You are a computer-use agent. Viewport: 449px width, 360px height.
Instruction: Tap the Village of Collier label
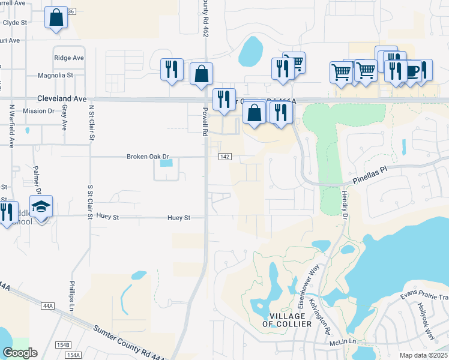(x=287, y=319)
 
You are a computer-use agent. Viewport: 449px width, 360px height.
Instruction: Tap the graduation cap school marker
(x=41, y=208)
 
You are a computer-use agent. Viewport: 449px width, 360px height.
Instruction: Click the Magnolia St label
(x=55, y=76)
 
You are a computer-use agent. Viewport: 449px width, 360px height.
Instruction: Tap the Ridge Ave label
(x=68, y=58)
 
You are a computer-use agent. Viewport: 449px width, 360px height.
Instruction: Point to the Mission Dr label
(x=38, y=111)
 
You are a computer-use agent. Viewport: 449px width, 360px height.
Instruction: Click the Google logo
(x=20, y=353)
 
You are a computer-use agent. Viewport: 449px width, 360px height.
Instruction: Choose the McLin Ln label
(x=343, y=342)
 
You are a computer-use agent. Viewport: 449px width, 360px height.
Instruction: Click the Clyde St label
(x=16, y=22)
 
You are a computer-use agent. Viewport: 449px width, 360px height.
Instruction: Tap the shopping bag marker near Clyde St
(x=56, y=18)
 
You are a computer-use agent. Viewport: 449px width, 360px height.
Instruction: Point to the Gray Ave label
(x=64, y=118)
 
